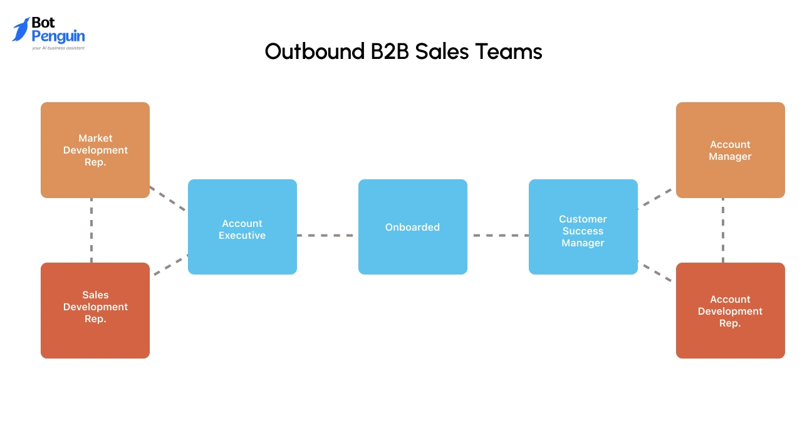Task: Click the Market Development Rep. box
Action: pos(95,150)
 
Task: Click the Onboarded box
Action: pos(413,227)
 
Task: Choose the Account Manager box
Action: pos(731,150)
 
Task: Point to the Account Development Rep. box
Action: pos(731,310)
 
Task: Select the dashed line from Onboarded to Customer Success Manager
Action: pos(498,236)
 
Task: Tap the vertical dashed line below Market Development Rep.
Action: pos(91,230)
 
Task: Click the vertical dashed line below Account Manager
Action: pos(723,230)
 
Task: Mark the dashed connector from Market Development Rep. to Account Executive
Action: pos(168,198)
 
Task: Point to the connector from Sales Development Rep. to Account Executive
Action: pos(169,265)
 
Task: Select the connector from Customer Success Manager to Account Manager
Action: pos(655,198)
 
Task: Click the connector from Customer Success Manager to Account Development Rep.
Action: pos(655,271)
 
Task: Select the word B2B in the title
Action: pos(385,51)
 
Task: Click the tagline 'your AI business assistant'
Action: pos(58,48)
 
